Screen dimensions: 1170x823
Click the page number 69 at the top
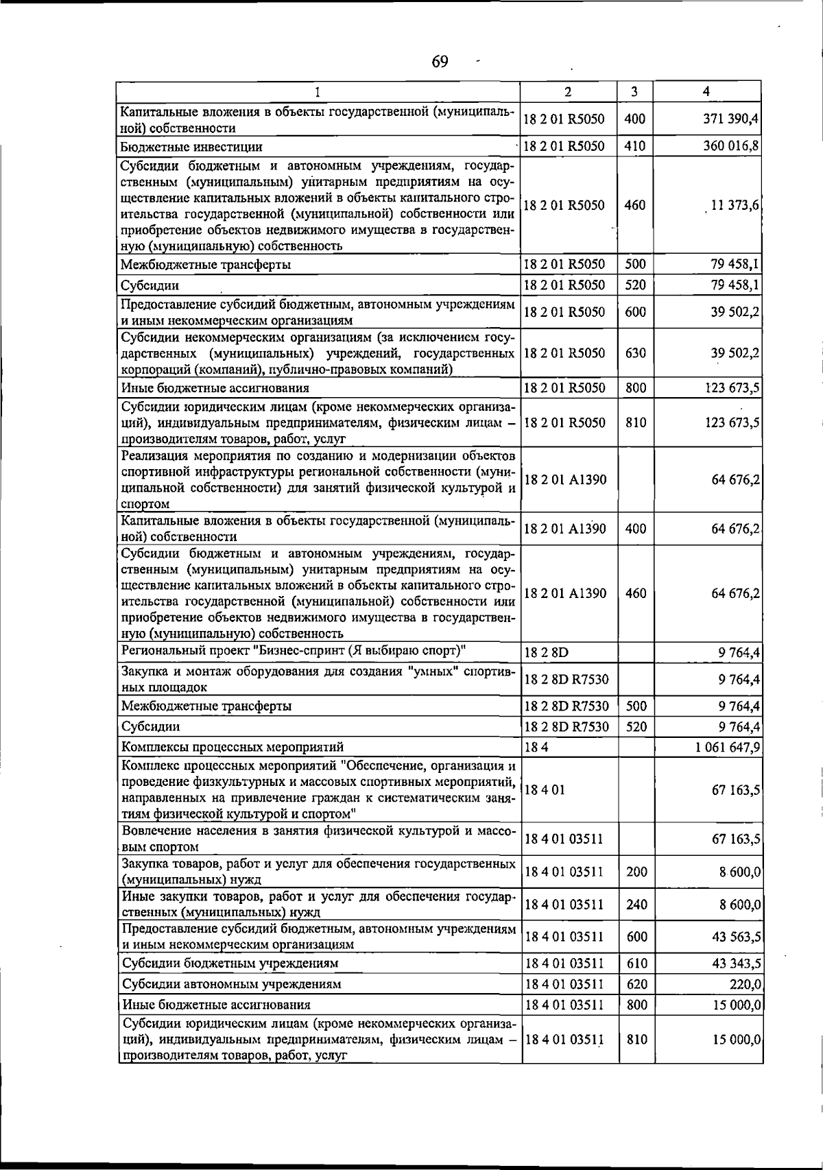[440, 62]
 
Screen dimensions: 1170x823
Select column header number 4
[706, 91]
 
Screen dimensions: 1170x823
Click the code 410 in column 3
[635, 146]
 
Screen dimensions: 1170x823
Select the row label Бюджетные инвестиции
[191, 147]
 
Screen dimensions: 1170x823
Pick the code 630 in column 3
[635, 353]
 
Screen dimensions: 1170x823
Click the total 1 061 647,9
[728, 747]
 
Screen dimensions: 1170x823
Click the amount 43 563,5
[737, 937]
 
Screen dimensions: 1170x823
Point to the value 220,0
[743, 984]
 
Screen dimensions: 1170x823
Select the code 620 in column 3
[636, 984]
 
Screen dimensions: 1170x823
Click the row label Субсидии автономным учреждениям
[231, 984]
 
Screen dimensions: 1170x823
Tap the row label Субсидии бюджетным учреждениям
[230, 963]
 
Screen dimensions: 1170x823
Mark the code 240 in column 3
[636, 905]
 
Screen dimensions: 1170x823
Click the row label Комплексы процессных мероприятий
[232, 747]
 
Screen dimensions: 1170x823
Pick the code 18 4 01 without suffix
[545, 790]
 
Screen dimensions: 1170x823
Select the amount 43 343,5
[737, 963]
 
